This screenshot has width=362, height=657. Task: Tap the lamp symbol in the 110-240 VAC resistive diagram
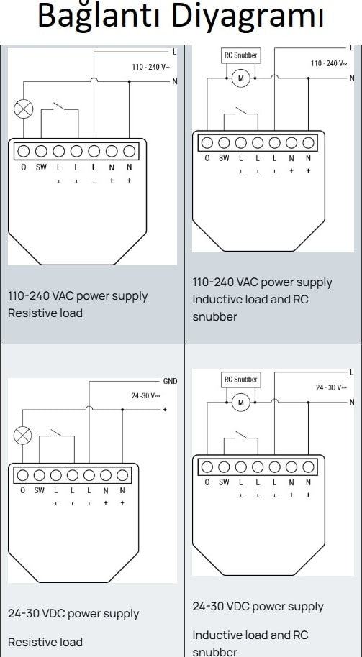point(24,109)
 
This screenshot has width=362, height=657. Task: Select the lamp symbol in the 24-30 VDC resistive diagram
point(22,436)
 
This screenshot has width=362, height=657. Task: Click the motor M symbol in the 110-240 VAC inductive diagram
point(241,78)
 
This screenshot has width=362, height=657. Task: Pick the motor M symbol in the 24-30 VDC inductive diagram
point(241,403)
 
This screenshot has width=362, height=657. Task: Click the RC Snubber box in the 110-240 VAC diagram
point(241,55)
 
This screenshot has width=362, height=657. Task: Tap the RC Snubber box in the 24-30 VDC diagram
point(241,380)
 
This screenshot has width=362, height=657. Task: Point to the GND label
point(170,381)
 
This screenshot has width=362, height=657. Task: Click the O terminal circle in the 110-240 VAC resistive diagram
point(24,151)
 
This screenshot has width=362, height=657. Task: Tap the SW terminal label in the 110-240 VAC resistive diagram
point(41,167)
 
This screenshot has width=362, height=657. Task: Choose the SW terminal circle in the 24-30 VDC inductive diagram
point(224,467)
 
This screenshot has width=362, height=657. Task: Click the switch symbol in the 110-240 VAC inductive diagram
point(241,119)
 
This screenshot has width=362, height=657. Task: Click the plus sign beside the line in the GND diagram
point(165,409)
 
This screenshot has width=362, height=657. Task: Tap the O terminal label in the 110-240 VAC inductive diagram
point(207,158)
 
